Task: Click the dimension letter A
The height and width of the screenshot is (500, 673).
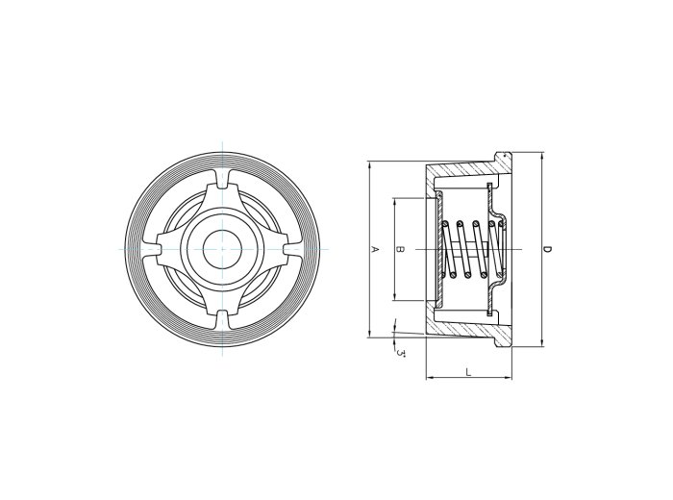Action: [376, 249]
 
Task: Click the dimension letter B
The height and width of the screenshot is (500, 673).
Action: [401, 249]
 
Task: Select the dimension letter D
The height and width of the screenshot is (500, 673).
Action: [546, 249]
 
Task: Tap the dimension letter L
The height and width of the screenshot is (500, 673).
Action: [468, 370]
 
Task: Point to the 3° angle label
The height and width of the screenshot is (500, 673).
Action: [400, 353]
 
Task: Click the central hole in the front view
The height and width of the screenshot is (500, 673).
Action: [220, 249]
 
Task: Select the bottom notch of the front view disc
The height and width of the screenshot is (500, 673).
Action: [220, 320]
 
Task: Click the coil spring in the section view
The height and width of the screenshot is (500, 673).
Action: [471, 249]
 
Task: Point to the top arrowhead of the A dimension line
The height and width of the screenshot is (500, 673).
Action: [369, 164]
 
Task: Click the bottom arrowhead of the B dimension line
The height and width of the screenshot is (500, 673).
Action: [394, 299]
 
